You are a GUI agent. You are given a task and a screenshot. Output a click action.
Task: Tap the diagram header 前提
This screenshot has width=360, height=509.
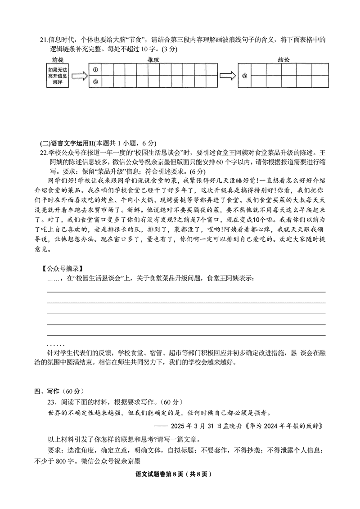click(58, 59)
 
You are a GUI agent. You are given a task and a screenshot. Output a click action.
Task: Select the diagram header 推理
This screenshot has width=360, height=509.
click(153, 59)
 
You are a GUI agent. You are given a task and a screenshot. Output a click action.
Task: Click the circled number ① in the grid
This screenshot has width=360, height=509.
click(94, 70)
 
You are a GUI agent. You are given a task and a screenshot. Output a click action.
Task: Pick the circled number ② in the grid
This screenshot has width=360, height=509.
click(94, 81)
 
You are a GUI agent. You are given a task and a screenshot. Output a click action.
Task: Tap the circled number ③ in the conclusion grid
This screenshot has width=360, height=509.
click(245, 76)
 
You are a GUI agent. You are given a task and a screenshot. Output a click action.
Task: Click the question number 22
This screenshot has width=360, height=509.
click(43, 153)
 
